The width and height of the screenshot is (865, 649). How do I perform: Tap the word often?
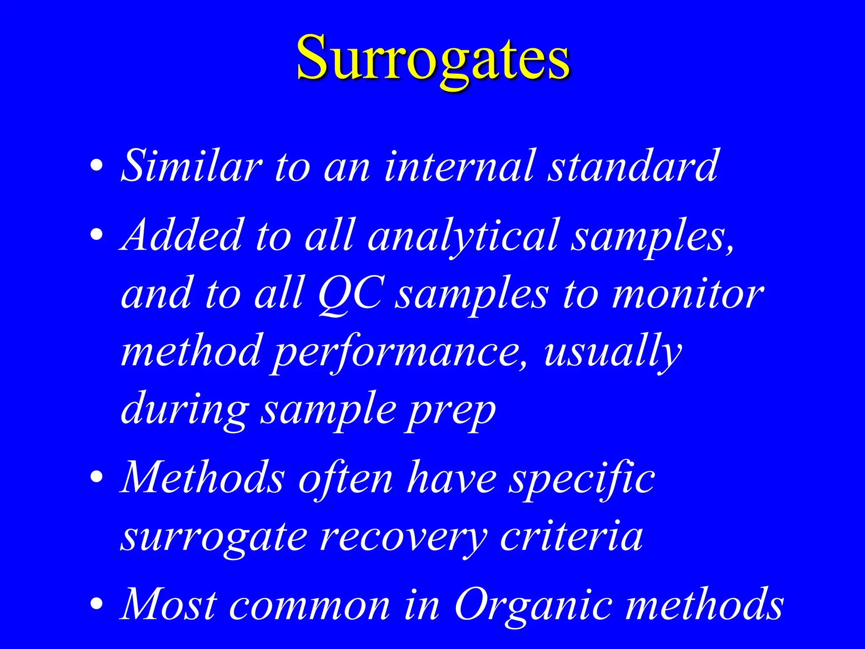click(x=346, y=477)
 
